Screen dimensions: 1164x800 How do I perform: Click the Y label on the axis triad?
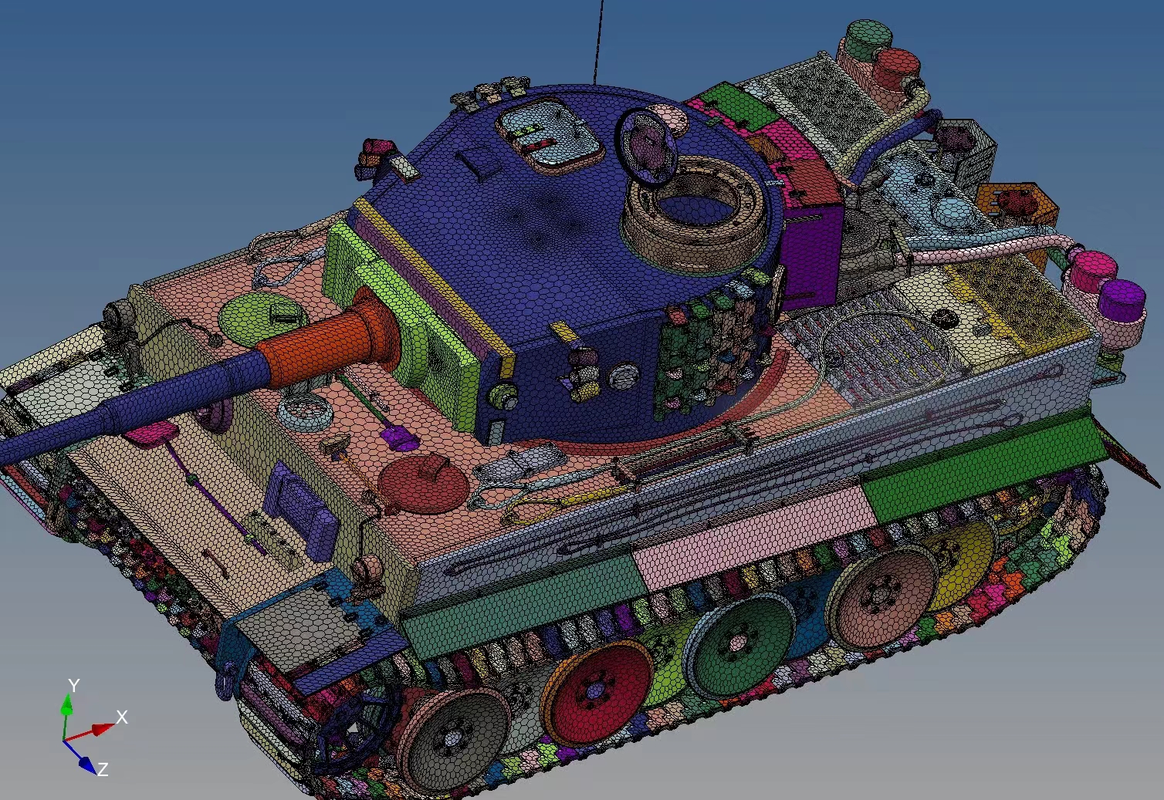[x=74, y=686]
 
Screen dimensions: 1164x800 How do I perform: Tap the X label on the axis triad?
[x=122, y=717]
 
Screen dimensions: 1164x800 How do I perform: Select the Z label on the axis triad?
[x=103, y=769]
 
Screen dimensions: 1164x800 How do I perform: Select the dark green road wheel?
[x=739, y=643]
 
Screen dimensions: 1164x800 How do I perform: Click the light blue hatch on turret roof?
[x=551, y=136]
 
